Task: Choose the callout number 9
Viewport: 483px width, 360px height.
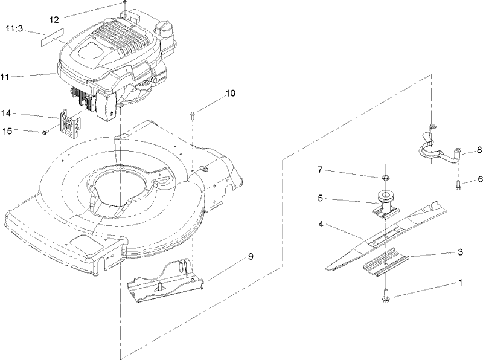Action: pyautogui.click(x=249, y=257)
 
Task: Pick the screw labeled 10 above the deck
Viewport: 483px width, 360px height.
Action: pyautogui.click(x=192, y=115)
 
